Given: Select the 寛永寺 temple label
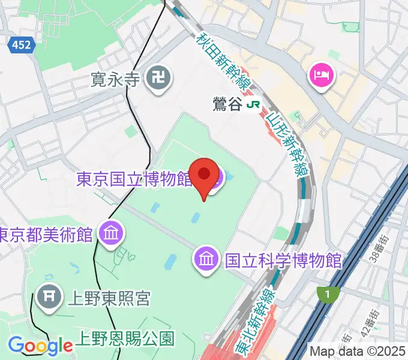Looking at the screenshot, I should (x=115, y=79).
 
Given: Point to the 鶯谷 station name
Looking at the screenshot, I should (x=227, y=104).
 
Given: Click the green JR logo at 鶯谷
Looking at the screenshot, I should (x=254, y=104).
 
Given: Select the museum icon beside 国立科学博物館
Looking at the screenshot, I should (x=206, y=260).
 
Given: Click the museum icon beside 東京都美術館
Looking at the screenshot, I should (x=111, y=232).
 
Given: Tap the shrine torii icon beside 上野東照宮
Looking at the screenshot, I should (x=47, y=296).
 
